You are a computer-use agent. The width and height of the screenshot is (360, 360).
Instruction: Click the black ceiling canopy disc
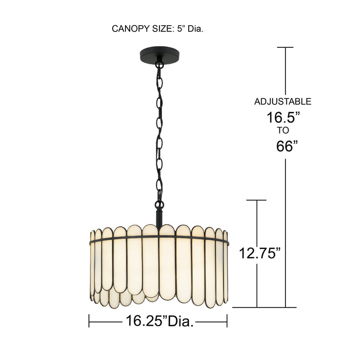coord(159,55)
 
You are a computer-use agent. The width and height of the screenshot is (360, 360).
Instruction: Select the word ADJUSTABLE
coord(283,101)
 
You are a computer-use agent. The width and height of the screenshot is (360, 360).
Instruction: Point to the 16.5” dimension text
coord(283,118)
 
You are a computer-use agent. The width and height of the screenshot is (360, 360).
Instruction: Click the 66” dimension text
coord(287,146)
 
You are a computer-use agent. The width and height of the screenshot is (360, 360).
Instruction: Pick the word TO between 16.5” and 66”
coord(283,131)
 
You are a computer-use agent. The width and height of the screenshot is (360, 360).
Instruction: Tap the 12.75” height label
coord(260,253)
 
